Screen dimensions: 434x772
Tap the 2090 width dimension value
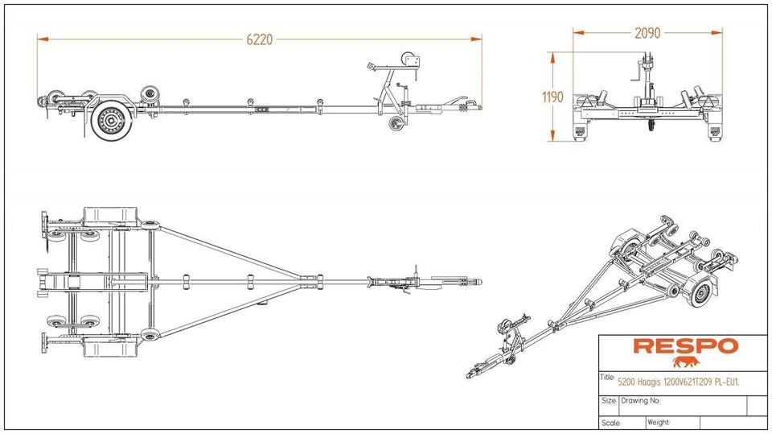pos(647,34)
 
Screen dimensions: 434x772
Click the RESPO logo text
pos(685,346)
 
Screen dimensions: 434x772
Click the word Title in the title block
pos(607,377)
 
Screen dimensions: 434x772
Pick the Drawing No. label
pos(640,400)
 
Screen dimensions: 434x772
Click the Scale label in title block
pos(610,422)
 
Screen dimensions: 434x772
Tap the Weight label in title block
pos(658,422)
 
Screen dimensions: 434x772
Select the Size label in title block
pos(609,400)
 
